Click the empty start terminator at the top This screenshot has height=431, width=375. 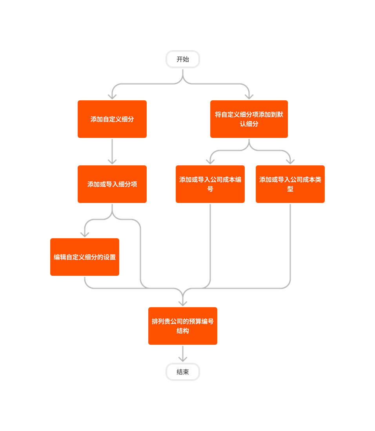point(183,59)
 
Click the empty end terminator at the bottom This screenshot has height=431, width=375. point(183,372)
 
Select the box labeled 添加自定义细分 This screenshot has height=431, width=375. point(112,119)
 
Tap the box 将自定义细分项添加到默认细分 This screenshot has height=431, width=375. point(249,119)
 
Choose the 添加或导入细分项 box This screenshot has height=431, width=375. point(112,184)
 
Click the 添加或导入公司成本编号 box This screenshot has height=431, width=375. point(210,184)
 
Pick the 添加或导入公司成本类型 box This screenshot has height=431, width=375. point(290,184)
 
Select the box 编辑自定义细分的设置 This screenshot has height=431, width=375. point(85,257)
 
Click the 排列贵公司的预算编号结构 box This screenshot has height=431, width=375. point(183,326)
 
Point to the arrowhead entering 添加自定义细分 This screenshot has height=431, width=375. point(112,96)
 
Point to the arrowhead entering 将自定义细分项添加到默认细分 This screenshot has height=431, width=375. point(249,96)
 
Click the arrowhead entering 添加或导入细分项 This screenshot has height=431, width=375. point(112,161)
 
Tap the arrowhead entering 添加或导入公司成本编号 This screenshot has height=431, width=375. point(210,161)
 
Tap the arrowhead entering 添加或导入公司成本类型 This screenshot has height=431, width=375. point(290,161)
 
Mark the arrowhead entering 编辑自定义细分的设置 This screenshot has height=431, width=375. point(85,234)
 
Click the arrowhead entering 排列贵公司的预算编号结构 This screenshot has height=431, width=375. point(183,303)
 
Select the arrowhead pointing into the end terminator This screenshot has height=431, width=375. point(183,359)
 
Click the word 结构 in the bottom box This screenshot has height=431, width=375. point(183,331)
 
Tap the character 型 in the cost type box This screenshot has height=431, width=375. point(290,189)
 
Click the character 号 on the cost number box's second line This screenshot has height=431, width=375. point(210,189)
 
